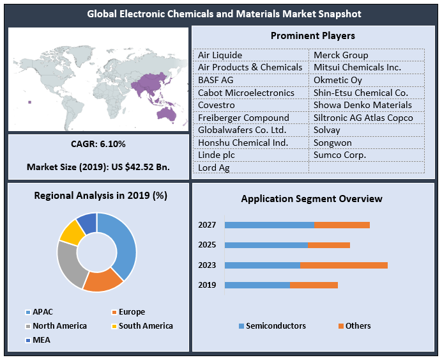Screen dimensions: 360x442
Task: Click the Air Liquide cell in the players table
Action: coord(220,55)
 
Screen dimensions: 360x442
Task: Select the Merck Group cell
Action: coord(340,55)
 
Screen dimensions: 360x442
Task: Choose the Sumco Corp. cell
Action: coord(339,155)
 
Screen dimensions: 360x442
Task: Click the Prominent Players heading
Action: coord(312,36)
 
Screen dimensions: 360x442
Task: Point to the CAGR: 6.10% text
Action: coord(98,144)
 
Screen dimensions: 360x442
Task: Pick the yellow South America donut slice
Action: coord(72,233)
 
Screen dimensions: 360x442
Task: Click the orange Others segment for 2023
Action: coord(344,265)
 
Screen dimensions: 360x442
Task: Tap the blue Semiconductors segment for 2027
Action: coord(269,224)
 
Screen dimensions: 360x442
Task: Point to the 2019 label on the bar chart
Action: coord(207,285)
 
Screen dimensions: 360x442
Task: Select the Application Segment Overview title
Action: coord(311,199)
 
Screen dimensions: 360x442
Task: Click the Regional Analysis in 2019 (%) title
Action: coord(100,196)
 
